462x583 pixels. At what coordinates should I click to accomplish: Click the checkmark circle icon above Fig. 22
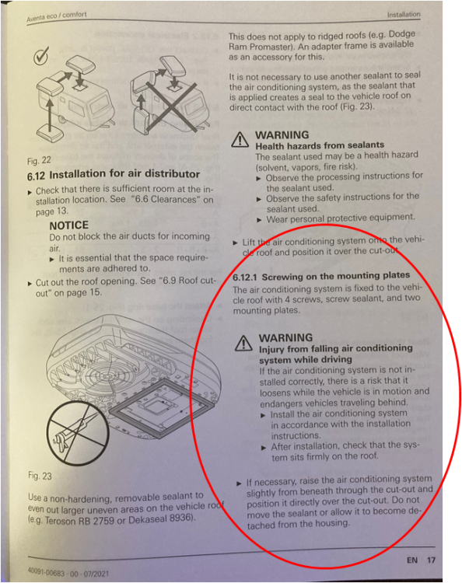click(40, 57)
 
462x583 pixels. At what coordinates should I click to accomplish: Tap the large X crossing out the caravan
click(171, 107)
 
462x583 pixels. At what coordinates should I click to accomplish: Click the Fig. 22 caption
click(39, 161)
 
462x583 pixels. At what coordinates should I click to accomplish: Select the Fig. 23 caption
click(40, 477)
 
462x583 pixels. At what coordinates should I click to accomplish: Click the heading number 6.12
click(37, 176)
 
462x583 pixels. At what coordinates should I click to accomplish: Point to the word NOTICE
click(68, 225)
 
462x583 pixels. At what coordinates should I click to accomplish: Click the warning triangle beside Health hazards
click(240, 140)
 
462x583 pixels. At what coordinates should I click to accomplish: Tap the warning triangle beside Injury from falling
click(244, 343)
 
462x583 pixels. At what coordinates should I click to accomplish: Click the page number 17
click(431, 560)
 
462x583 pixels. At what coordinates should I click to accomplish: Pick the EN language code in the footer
click(411, 560)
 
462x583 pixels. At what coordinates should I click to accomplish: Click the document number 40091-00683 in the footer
click(46, 572)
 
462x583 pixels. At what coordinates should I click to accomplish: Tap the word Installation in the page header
click(404, 15)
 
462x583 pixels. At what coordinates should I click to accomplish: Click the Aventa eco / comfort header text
click(56, 17)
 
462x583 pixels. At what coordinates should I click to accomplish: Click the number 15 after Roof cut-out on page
click(95, 292)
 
